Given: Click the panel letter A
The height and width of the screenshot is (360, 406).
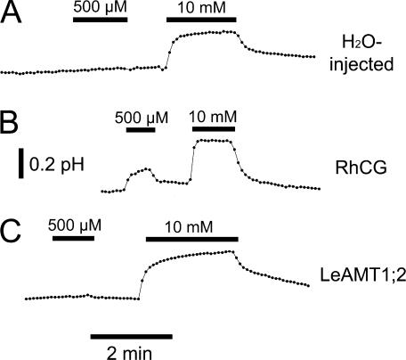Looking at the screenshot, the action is coord(11,12).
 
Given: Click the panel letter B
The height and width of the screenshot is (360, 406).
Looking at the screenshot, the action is coord(9,123).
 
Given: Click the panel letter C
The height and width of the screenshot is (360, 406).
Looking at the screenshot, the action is coord(11,232).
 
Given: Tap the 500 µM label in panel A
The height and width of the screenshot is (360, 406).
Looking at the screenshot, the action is coord(101,7).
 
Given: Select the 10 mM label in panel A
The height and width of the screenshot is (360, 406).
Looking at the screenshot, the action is coord(201,8).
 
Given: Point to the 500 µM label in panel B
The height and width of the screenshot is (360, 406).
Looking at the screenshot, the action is coord(142,118).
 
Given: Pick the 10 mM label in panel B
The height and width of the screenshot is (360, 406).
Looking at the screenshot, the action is coord(213,117).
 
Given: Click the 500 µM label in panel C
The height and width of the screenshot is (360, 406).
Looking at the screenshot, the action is coord(75,225).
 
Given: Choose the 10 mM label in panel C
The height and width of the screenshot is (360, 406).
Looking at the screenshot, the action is coord(189,227).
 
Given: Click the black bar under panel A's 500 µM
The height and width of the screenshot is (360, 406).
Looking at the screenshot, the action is coord(101,20).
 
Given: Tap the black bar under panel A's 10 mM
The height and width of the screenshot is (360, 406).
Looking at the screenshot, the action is coord(201,20).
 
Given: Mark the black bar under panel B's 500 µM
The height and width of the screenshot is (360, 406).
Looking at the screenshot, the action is coord(141,129).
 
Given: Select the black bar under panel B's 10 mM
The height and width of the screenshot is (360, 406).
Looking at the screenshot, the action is coord(214,129).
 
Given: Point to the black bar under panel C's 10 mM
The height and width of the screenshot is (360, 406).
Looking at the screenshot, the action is coord(192,240).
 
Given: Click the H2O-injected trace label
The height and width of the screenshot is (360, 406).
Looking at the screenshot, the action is coord(361,53).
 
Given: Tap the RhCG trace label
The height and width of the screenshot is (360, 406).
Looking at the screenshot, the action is coord(361,168).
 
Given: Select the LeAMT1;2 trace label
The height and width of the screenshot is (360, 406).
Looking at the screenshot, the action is coord(362,274).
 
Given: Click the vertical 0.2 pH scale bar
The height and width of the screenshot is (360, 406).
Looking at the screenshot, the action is coord(21,164).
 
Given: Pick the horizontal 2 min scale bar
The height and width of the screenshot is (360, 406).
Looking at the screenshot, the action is coord(132,337).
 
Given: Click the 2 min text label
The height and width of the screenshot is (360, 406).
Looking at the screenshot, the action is coord(129,353).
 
